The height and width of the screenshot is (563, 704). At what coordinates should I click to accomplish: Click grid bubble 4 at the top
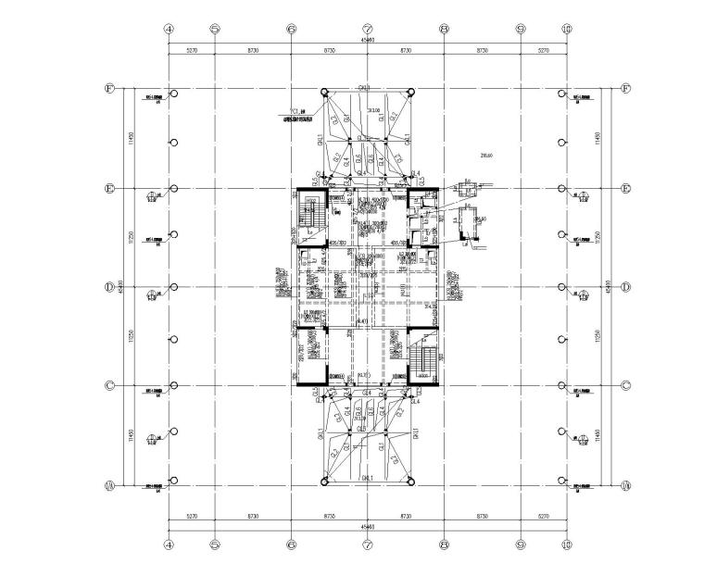(169, 29)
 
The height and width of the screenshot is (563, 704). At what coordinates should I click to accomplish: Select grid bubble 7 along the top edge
(368, 29)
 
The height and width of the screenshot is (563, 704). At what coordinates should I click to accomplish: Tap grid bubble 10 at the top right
(567, 29)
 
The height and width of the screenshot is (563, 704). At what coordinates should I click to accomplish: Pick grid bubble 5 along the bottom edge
(215, 544)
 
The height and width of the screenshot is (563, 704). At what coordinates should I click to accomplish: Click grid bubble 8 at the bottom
(445, 544)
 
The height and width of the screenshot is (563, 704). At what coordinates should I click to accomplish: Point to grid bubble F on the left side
(109, 90)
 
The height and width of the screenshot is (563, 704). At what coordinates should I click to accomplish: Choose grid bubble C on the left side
(109, 386)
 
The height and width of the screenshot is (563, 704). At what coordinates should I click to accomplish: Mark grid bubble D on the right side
(625, 287)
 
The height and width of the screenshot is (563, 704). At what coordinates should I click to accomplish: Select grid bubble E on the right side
(625, 189)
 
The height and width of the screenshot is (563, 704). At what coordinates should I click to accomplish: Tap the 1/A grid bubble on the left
(109, 484)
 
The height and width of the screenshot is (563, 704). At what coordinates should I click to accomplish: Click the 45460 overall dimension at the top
(368, 41)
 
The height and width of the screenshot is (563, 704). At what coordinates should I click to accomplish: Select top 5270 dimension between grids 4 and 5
(192, 52)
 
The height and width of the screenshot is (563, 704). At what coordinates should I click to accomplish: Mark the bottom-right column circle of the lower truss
(411, 481)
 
